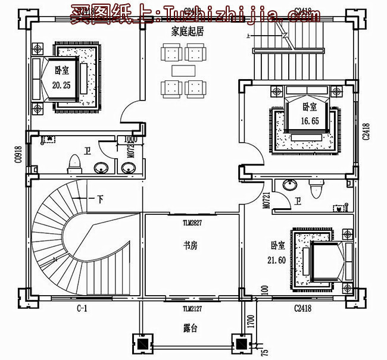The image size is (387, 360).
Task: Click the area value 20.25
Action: (x=61, y=85)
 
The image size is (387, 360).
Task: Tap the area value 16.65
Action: (x=308, y=120)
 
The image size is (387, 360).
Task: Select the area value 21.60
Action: (x=276, y=259)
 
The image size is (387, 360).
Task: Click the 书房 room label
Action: (x=191, y=244)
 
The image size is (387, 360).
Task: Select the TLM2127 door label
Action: (x=193, y=308)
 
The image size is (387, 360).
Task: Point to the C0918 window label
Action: (x=18, y=154)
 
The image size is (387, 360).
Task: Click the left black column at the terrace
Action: (x=142, y=344)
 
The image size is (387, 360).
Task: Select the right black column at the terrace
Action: (x=240, y=344)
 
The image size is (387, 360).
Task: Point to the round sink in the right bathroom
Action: (x=290, y=184)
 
